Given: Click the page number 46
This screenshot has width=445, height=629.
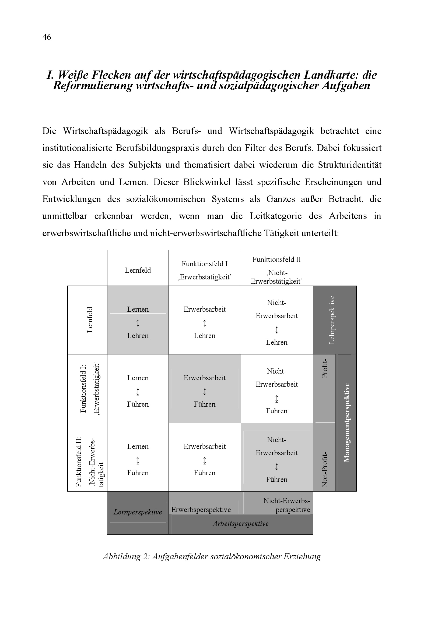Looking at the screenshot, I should tap(47, 37).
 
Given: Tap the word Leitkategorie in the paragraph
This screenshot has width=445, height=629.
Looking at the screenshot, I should tap(276, 216).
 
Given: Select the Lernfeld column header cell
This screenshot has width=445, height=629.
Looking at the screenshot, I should tap(138, 270).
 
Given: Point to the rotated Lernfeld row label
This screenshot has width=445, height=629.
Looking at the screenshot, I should tap(90, 320).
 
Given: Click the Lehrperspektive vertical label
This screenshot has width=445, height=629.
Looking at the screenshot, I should tap(332, 320).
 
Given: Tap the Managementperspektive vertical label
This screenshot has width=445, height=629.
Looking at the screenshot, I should tap(347, 423).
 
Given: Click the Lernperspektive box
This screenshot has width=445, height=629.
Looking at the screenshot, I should tap(138, 512).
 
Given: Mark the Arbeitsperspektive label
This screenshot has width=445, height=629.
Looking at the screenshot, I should tap(240, 524).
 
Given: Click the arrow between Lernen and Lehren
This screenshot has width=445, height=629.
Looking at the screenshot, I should tap(138, 323).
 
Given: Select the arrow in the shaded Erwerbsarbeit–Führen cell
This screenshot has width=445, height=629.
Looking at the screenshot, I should tap(205, 392).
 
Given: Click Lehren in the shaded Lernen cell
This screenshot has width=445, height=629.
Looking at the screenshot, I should tap(138, 336).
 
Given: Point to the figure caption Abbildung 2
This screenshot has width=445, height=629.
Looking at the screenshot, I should tap(211, 556).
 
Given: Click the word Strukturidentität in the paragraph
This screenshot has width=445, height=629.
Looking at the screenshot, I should tap(350, 165).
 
